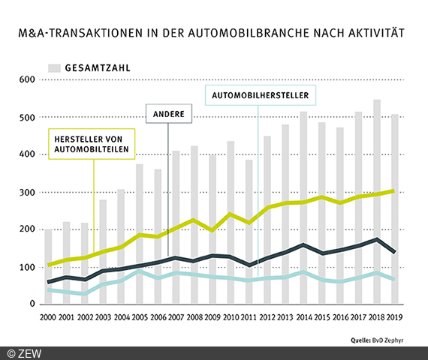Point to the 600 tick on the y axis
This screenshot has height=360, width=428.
(27, 79)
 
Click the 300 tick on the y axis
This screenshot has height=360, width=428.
(27, 193)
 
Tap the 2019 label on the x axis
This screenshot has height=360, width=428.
(394, 317)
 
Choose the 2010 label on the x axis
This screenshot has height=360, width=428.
(231, 317)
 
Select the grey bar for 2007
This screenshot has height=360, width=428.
(176, 225)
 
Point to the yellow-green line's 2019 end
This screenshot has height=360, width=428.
(393, 190)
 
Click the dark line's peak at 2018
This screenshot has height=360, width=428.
(376, 239)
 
